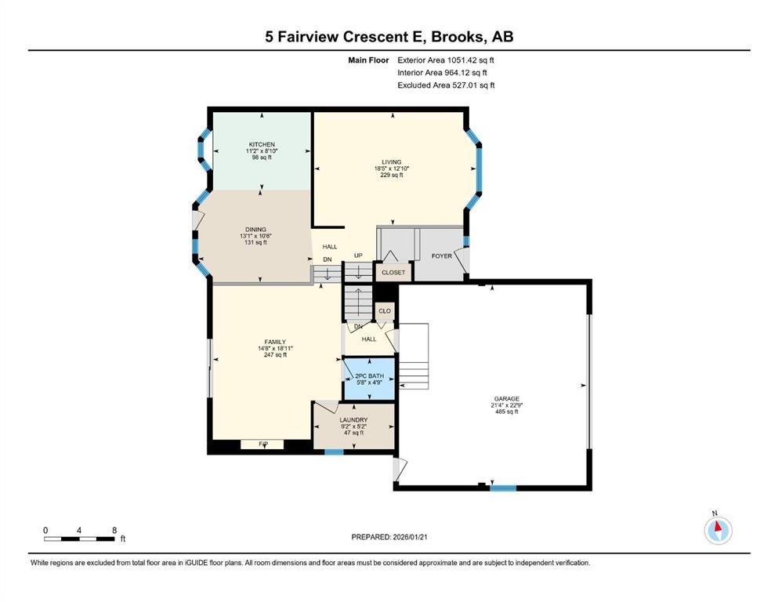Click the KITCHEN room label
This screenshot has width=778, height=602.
click(262, 145)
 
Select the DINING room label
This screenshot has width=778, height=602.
click(255, 230)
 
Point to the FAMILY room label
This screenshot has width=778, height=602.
click(275, 342)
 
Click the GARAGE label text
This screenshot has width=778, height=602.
click(505, 399)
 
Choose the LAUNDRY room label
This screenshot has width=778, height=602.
click(353, 420)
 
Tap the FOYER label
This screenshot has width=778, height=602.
click(442, 256)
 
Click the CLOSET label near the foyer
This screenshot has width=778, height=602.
click(393, 273)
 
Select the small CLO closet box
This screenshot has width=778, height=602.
click(385, 311)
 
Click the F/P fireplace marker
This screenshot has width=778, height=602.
click(263, 444)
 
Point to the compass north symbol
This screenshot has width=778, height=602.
click(718, 530)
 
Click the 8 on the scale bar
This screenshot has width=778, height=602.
click(115, 530)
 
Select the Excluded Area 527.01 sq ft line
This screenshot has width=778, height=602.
click(446, 85)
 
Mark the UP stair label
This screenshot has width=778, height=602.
click(358, 256)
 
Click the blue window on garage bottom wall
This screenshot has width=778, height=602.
click(502, 488)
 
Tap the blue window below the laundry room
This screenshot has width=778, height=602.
click(334, 451)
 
